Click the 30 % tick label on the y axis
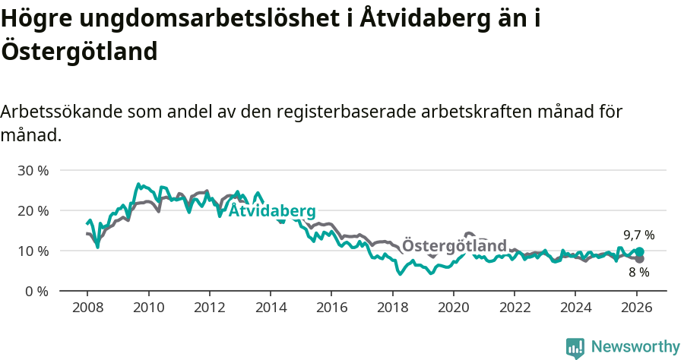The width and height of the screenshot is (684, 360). (x=33, y=170)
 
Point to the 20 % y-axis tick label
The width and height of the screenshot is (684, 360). (x=33, y=210)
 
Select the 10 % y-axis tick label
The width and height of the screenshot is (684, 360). (x=33, y=251)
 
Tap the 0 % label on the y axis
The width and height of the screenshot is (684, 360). (x=36, y=291)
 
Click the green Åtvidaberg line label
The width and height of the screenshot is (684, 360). (x=272, y=210)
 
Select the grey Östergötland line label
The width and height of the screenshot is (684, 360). (x=454, y=246)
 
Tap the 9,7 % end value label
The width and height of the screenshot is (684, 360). (x=638, y=235)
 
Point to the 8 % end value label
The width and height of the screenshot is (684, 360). (x=638, y=272)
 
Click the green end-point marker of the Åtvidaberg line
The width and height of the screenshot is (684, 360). (x=640, y=251)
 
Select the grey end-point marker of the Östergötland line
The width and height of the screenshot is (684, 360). (x=640, y=259)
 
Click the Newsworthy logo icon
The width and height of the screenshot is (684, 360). (x=575, y=348)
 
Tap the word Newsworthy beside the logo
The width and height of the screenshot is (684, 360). (x=635, y=347)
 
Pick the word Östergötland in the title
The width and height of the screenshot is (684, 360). (x=79, y=52)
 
